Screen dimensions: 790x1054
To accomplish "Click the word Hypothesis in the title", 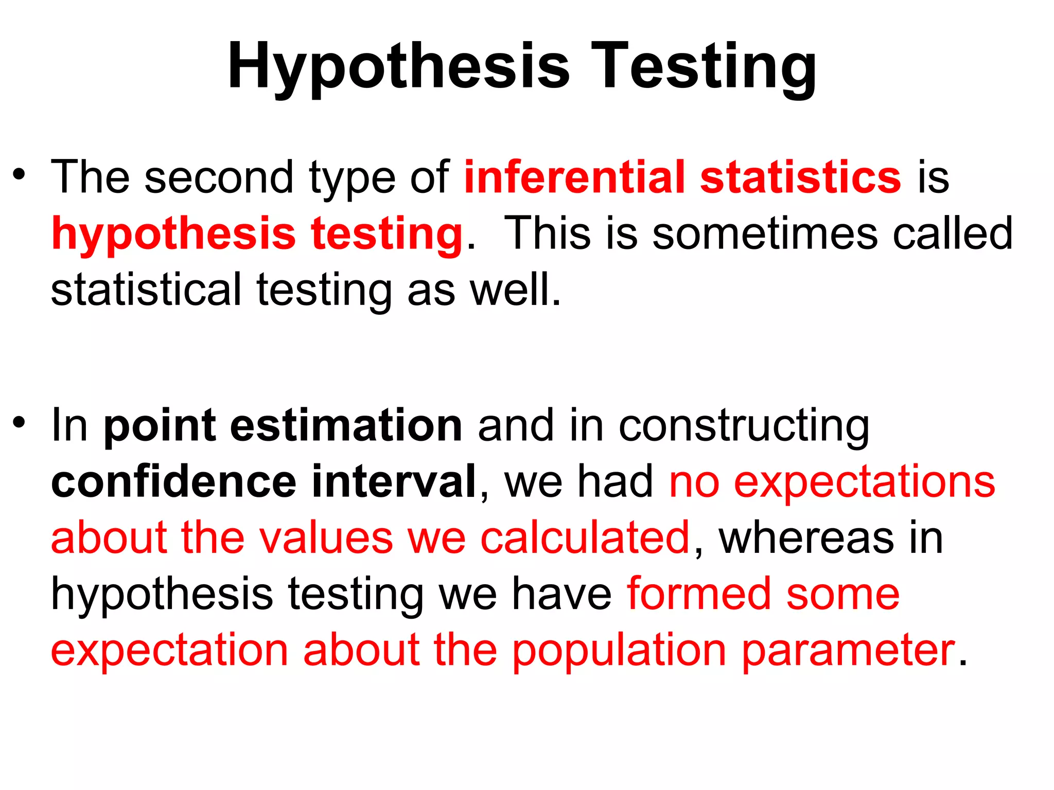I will tap(399, 67).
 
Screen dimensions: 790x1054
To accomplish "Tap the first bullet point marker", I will tap(19, 175).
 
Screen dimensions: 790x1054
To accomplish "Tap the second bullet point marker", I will tap(19, 423).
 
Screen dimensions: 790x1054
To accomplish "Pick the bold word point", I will tap(160, 427).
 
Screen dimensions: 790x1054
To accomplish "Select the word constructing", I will tap(744, 427).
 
